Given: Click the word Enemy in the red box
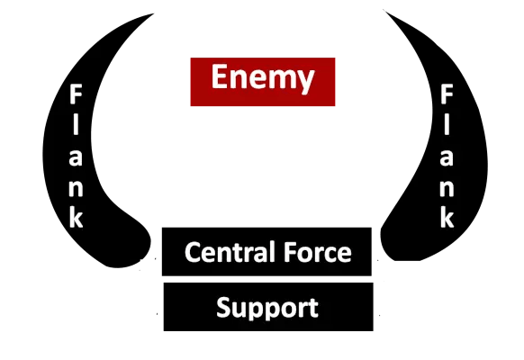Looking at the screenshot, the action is click(263, 78).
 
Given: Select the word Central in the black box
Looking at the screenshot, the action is click(230, 252).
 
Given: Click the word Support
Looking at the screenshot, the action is click(267, 308).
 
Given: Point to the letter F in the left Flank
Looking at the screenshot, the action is click(76, 94).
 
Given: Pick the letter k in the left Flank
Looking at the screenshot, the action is click(77, 218).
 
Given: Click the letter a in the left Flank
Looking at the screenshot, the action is click(76, 157).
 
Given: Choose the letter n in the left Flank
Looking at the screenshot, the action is click(76, 188).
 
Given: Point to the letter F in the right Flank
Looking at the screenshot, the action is click(447, 94).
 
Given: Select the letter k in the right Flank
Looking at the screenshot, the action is click(447, 218).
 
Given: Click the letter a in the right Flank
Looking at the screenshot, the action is click(447, 157).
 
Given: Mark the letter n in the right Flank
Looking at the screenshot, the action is click(447, 188).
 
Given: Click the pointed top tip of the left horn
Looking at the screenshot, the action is click(153, 13).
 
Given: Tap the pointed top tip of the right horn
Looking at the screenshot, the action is click(384, 10).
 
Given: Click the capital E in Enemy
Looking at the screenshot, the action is click(219, 76).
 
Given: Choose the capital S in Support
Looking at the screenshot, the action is click(224, 307).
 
